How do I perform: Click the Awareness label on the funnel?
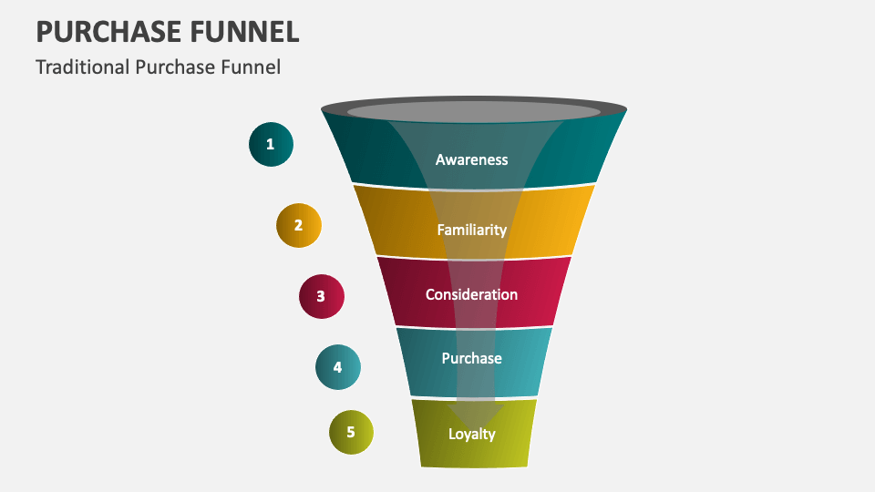click(x=471, y=159)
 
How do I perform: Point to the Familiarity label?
click(x=471, y=230)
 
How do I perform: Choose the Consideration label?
click(x=471, y=294)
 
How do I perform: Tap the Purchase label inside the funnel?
click(x=471, y=358)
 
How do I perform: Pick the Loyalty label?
click(x=471, y=434)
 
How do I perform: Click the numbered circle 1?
click(x=271, y=144)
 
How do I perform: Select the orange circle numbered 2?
click(x=299, y=224)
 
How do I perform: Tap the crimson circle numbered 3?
click(x=322, y=296)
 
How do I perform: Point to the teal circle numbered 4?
click(x=338, y=367)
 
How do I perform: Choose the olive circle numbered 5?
click(x=352, y=432)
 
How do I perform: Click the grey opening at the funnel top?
click(x=474, y=112)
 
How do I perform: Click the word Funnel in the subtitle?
click(x=254, y=67)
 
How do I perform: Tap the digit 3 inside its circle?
click(x=321, y=296)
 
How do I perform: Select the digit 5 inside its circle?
click(x=350, y=433)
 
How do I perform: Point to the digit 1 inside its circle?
click(x=270, y=144)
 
